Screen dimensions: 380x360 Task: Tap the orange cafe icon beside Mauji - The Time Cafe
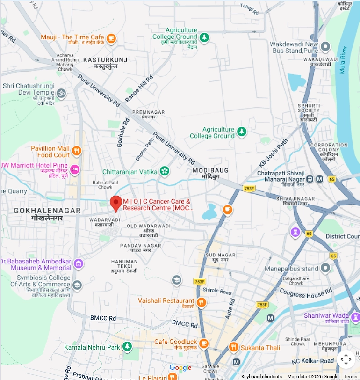tap(111, 38)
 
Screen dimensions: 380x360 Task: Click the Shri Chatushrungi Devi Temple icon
tap(61, 93)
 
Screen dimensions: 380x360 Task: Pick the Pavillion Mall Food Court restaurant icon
tap(77, 152)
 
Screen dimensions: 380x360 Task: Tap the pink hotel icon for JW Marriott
tap(75, 169)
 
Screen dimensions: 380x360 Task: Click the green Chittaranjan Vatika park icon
tap(164, 171)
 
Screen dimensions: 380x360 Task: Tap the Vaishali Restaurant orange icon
tap(202, 302)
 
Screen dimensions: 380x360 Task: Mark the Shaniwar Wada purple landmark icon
tap(355, 318)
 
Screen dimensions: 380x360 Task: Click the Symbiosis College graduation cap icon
tap(77, 285)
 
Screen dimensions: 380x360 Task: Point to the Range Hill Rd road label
tap(139, 89)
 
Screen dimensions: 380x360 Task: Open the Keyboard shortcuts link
tap(261, 377)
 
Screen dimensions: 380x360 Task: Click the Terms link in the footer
tap(350, 377)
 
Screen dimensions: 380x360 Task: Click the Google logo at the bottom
tap(180, 368)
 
